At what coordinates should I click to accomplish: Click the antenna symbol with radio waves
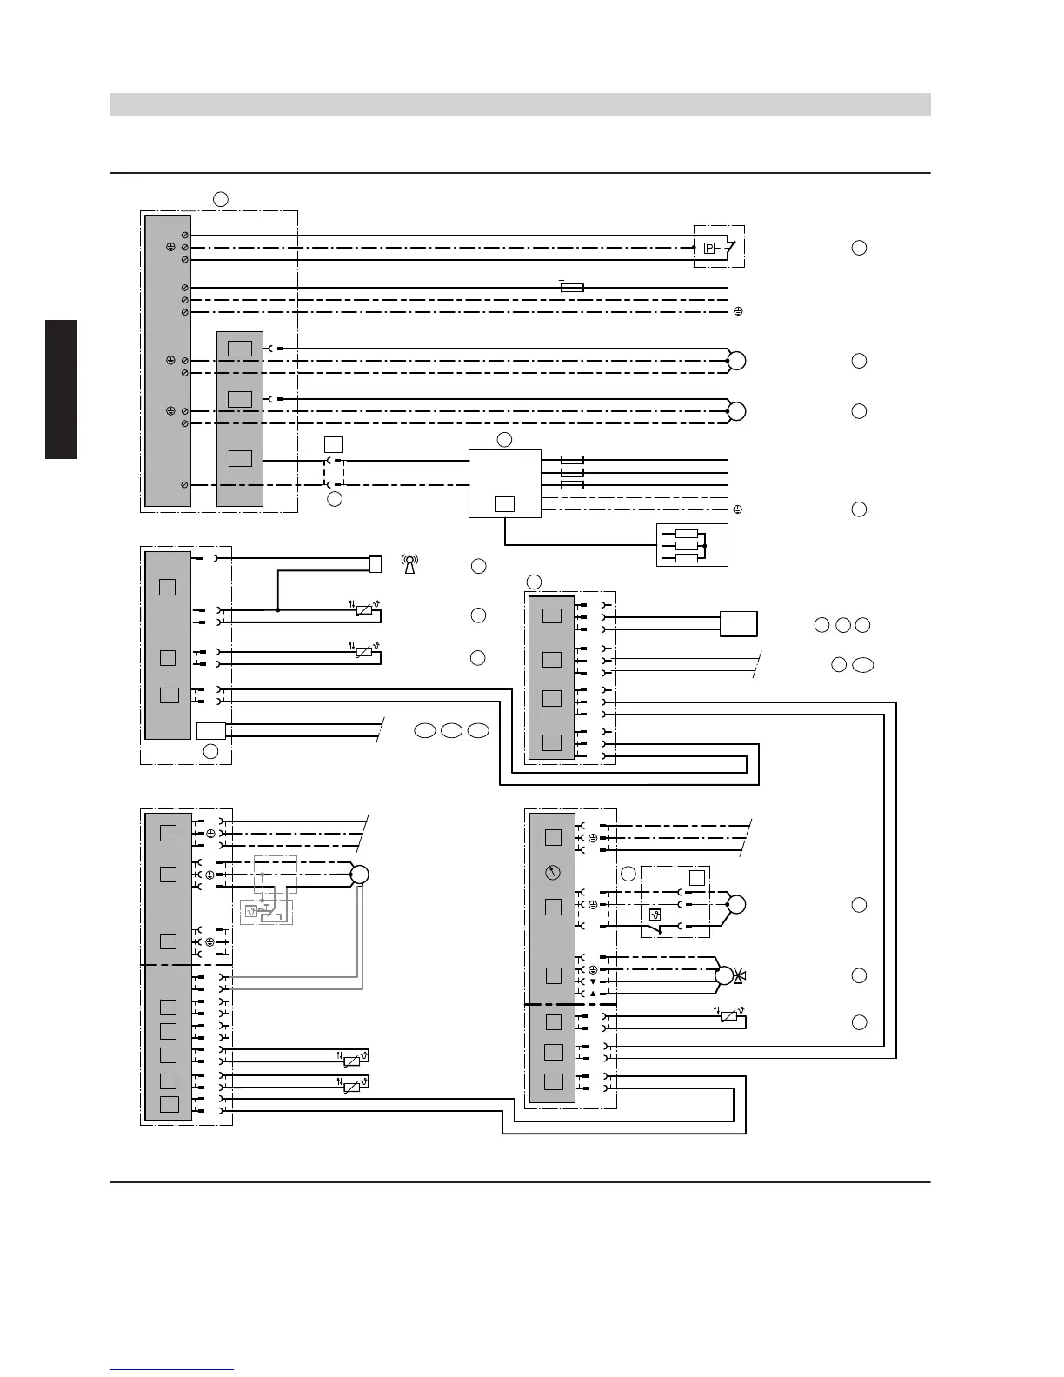click(409, 564)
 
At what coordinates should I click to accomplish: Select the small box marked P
click(709, 248)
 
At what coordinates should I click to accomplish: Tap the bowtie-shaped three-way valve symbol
click(739, 975)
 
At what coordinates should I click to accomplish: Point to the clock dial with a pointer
click(553, 871)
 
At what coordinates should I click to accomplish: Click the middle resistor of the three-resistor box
click(686, 546)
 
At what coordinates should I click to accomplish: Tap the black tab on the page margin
click(62, 389)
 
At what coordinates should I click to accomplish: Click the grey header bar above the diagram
click(520, 104)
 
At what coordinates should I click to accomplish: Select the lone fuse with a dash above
click(572, 287)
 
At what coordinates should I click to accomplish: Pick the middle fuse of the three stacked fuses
click(572, 472)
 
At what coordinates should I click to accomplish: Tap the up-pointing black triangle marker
click(592, 993)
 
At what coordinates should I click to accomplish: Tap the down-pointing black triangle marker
click(592, 981)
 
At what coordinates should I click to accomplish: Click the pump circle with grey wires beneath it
click(359, 875)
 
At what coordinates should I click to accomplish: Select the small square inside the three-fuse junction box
click(504, 503)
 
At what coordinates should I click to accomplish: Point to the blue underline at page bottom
click(172, 1371)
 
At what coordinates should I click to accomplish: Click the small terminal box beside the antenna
click(376, 564)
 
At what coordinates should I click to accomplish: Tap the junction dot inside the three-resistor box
click(704, 546)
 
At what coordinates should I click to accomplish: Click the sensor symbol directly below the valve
click(729, 1016)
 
